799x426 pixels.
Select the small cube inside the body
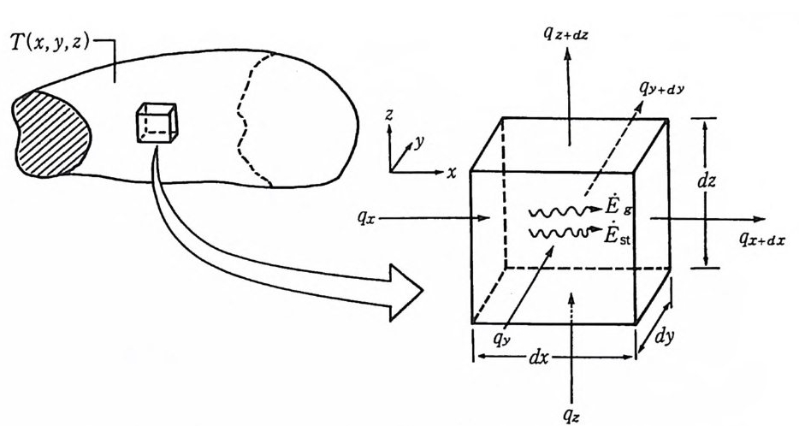pyautogui.click(x=157, y=123)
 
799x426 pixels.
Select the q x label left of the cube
pyautogui.click(x=370, y=217)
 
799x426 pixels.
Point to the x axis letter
pyautogui.click(x=451, y=172)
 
